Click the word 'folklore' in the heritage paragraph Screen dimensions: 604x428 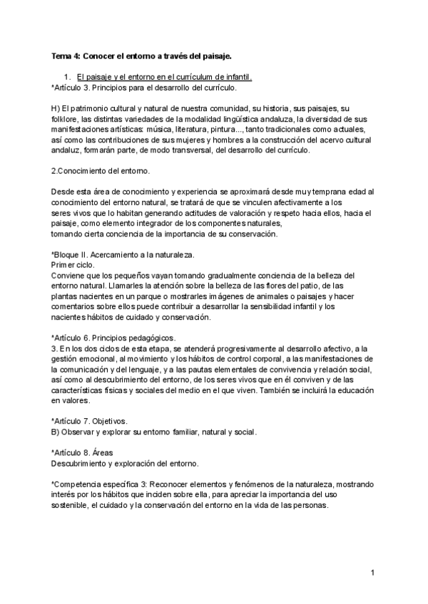(66, 118)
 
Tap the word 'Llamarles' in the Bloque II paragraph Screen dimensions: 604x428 (138, 286)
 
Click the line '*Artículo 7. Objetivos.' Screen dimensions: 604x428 (89, 421)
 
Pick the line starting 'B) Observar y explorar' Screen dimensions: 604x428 (154, 432)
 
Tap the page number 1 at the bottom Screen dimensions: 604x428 (372, 573)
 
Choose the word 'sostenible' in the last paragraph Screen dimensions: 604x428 (70, 505)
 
